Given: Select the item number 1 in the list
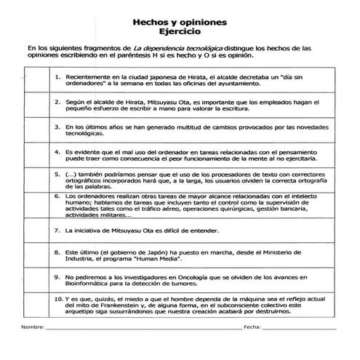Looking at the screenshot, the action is click(x=57, y=75).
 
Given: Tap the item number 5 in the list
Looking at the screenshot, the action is click(x=57, y=175).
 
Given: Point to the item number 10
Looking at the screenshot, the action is click(x=58, y=297).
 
